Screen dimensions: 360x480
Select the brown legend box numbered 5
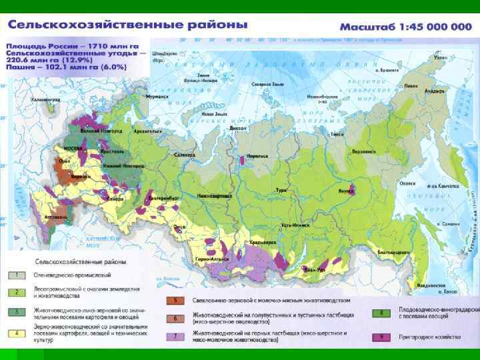(x=175, y=301)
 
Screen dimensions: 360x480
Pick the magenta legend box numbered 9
(x=381, y=337)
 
